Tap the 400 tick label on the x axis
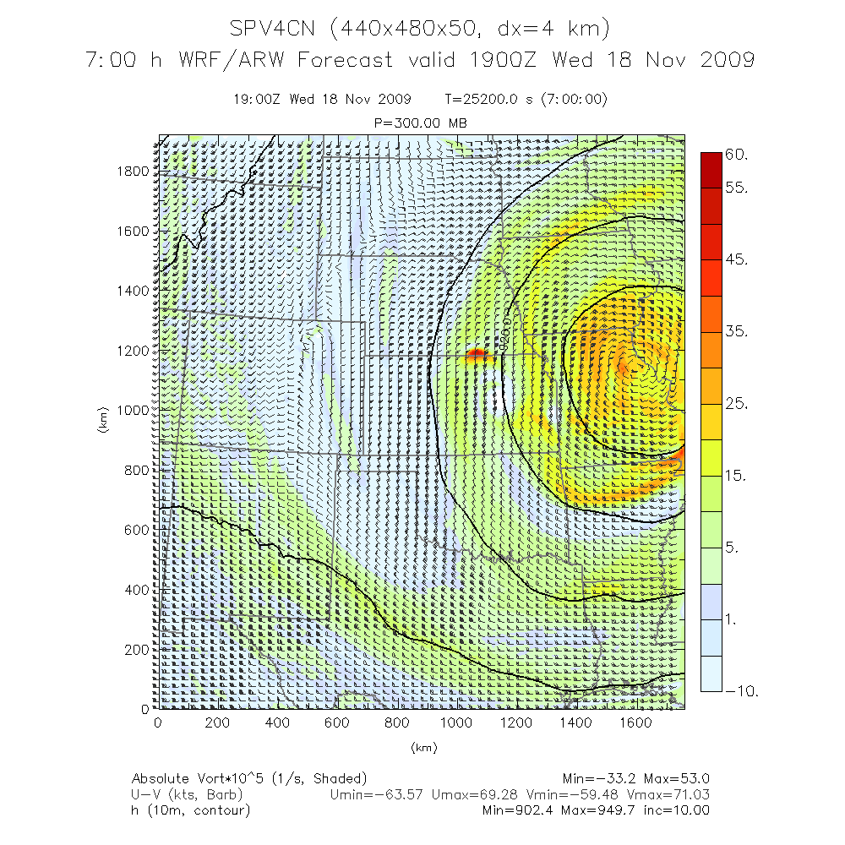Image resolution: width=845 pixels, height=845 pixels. [276, 722]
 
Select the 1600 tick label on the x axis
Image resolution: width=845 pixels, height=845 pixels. [635, 722]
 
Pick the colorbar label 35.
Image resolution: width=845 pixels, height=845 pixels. [737, 332]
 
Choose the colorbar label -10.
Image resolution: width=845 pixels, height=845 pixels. [742, 691]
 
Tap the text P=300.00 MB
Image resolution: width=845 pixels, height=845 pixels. [420, 123]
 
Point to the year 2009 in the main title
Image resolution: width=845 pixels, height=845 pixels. [725, 60]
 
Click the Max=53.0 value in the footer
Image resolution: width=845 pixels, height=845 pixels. [677, 778]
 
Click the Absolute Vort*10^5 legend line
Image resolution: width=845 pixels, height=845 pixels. [248, 778]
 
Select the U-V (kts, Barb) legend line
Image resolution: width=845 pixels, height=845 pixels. [186, 794]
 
